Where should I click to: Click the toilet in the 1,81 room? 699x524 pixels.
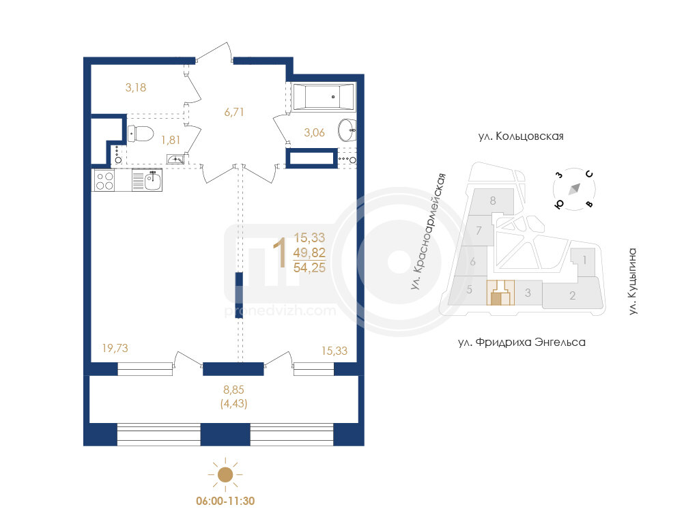[141, 133]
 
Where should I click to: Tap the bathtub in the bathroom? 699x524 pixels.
[324, 97]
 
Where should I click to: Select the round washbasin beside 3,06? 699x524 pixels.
[347, 130]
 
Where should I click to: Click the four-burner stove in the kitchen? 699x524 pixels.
[104, 180]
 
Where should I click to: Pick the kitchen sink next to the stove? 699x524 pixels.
[147, 180]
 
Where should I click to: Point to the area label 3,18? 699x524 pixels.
[136, 87]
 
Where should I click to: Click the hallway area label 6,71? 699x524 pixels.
[234, 112]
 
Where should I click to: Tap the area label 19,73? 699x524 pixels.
[115, 348]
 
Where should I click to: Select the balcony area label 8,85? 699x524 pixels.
[233, 390]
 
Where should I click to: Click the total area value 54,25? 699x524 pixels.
[309, 267]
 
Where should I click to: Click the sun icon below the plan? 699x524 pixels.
[225, 475]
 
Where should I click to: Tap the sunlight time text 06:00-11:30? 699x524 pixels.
[225, 501]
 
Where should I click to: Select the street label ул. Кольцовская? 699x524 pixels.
[521, 136]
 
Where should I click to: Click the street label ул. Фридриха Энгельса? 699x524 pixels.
[522, 343]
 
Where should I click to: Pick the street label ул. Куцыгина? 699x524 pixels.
[633, 282]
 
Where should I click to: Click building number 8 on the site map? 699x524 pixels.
[493, 201]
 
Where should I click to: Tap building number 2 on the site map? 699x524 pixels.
[573, 295]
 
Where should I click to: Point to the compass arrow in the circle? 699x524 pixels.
[574, 189]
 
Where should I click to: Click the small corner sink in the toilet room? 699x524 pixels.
[175, 159]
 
